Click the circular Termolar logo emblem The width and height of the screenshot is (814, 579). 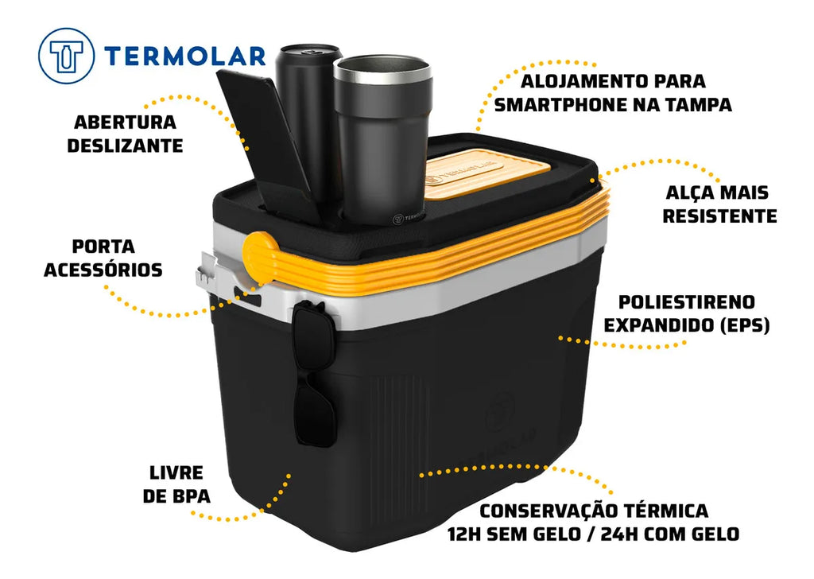coord(66,56)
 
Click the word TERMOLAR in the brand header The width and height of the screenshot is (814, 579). coord(184,56)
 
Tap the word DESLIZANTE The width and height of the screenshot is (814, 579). coord(125,146)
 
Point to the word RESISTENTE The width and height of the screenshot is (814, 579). coord(719,216)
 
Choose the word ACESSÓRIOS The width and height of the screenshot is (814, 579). coord(103,270)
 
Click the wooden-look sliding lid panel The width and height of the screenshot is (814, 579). coord(486,174)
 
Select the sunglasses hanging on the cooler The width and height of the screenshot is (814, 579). coord(313,374)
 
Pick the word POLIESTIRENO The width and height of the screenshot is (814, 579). coord(686,302)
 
